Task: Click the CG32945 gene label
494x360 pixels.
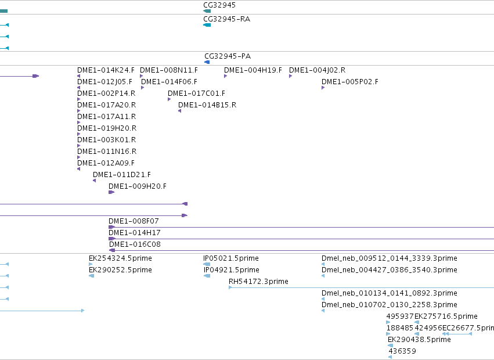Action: coord(219,5)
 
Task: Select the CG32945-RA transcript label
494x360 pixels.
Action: coord(227,19)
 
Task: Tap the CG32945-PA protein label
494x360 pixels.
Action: coord(228,56)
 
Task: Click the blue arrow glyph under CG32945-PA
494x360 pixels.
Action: coord(207,62)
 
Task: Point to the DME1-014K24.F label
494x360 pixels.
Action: coord(106,70)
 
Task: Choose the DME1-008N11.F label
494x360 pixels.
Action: coord(169,70)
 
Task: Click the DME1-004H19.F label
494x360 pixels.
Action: coord(253,70)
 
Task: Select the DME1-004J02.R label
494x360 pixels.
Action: coord(318,70)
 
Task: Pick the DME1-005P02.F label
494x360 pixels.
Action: coord(350,82)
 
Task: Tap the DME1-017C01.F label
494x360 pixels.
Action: coord(197,93)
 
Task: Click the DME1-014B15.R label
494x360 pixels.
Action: coord(207,105)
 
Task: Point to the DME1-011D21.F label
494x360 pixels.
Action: coord(122,175)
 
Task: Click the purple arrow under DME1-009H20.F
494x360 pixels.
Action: coord(111,192)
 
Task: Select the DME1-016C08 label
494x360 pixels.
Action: coord(135,244)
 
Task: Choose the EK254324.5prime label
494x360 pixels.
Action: coord(120,258)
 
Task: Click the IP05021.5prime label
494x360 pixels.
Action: coord(231,258)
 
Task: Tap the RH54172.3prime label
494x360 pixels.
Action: coord(258,282)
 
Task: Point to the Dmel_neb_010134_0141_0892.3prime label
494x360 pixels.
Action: coord(390,293)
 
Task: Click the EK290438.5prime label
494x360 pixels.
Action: coord(419,340)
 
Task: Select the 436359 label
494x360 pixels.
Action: coord(402,351)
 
